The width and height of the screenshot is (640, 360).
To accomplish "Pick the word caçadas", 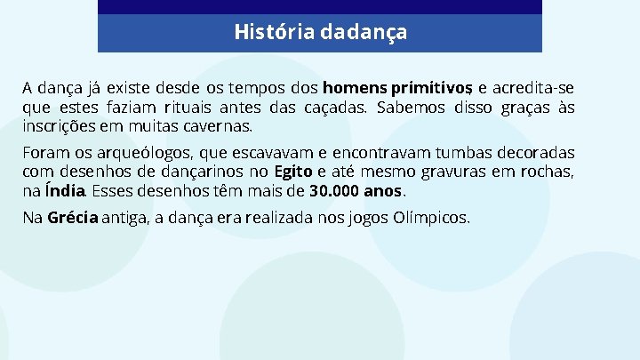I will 336,108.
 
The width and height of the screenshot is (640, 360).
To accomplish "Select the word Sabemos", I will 410,108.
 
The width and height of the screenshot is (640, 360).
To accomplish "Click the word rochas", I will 547,172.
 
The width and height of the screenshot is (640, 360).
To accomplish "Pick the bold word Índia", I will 66,191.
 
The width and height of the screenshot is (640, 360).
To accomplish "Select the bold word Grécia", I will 73,217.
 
